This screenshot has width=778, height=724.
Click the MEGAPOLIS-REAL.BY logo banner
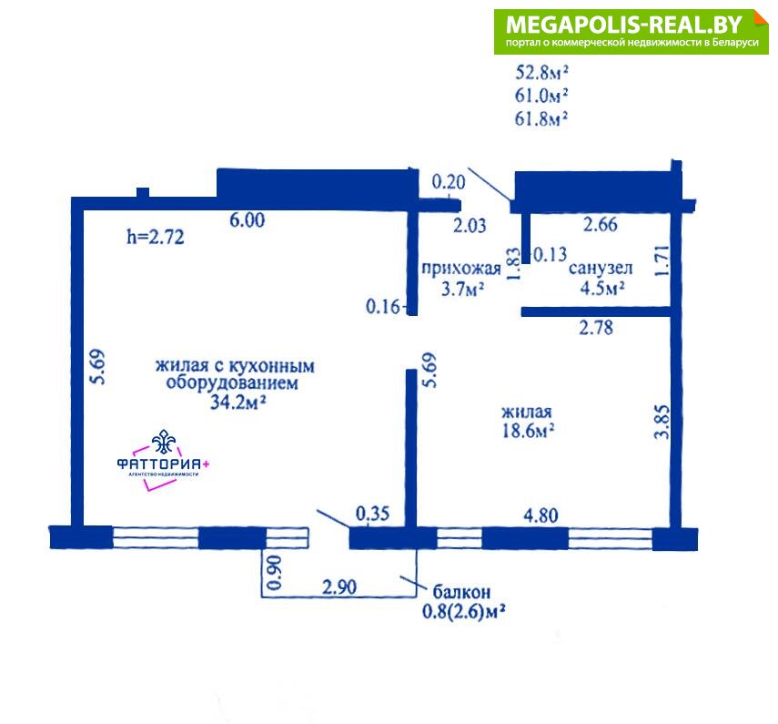[631, 32]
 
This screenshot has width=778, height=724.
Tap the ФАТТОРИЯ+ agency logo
[163, 460]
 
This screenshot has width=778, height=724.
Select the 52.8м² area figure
[541, 73]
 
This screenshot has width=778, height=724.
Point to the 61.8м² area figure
[541, 118]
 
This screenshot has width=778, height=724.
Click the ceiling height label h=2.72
[156, 237]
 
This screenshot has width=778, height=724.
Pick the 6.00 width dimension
[248, 219]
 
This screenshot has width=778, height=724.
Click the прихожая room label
[461, 269]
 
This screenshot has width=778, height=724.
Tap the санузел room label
[601, 268]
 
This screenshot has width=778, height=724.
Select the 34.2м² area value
[238, 402]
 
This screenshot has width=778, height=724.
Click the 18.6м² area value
[528, 431]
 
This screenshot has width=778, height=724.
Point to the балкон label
[462, 592]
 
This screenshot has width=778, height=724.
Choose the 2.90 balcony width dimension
[339, 587]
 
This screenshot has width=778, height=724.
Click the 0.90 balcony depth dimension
[275, 573]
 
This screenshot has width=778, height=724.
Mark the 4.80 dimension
[541, 515]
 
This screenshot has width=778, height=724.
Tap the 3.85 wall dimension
[662, 422]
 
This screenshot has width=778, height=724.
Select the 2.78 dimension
[596, 328]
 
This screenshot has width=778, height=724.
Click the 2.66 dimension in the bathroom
[601, 224]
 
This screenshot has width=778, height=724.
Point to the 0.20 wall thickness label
[449, 182]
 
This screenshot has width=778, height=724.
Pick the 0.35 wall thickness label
[373, 514]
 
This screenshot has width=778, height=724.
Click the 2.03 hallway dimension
[470, 226]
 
